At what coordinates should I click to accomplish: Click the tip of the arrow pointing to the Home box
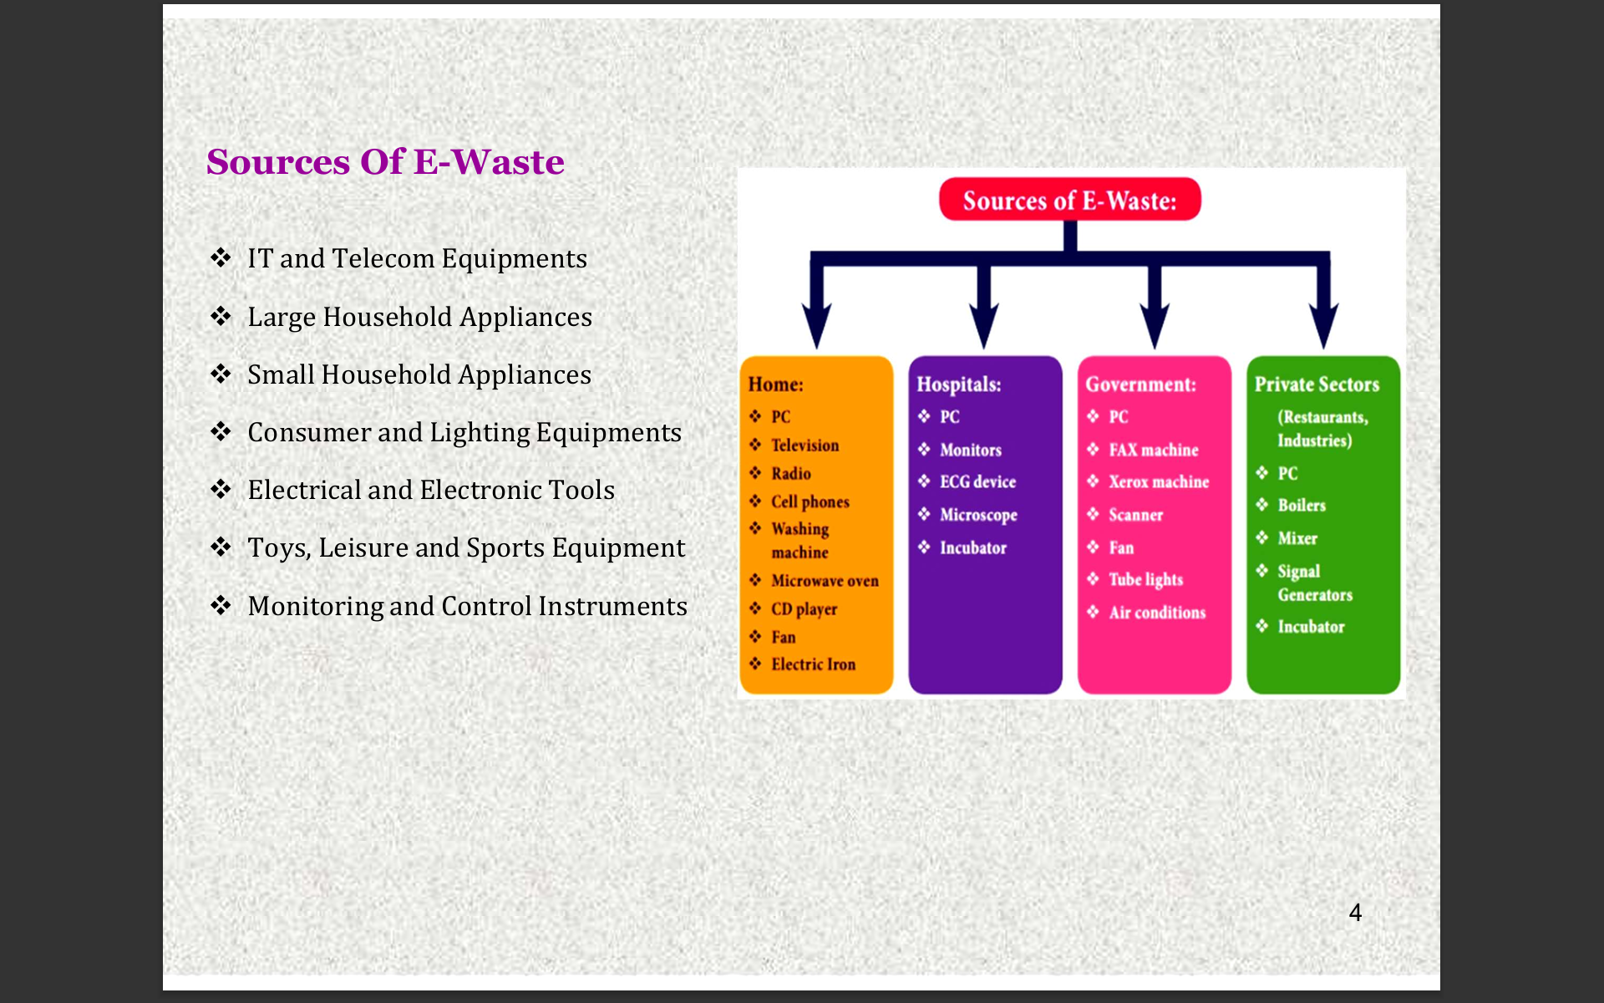click(x=816, y=349)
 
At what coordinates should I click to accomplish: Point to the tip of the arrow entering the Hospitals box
click(x=984, y=349)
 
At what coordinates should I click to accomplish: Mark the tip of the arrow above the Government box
click(x=1155, y=349)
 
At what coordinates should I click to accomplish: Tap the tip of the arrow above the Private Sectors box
click(x=1324, y=349)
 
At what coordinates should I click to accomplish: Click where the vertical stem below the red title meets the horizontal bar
click(x=1070, y=258)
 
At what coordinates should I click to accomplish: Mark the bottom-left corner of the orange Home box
click(x=742, y=693)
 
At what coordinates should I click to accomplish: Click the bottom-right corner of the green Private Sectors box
click(x=1399, y=693)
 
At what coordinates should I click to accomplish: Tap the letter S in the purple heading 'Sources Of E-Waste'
click(x=221, y=162)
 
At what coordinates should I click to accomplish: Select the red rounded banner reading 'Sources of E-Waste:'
click(x=1070, y=200)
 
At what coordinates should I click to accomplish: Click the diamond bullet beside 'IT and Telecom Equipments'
click(x=221, y=257)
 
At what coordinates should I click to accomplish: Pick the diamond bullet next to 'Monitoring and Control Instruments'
click(x=221, y=605)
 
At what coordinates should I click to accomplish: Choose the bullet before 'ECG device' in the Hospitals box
click(x=924, y=481)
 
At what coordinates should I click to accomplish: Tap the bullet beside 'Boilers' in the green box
click(x=1261, y=504)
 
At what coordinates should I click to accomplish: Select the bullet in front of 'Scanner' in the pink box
click(x=1093, y=514)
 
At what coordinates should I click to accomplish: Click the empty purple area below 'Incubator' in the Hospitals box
click(x=985, y=627)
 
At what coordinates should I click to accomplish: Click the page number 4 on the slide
click(x=1355, y=913)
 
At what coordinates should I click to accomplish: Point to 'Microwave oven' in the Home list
click(x=825, y=581)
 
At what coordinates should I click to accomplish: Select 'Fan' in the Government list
click(x=1121, y=547)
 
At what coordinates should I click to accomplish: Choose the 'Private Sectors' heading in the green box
click(x=1317, y=384)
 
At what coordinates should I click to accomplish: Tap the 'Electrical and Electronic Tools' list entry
click(x=431, y=490)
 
